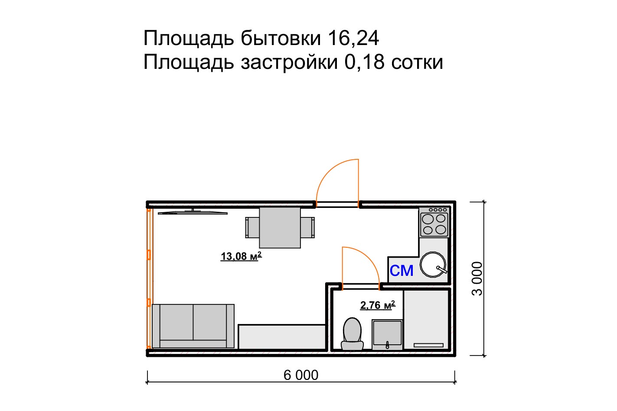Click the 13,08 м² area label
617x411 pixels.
[241, 256]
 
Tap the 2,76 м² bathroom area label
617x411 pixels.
[378, 305]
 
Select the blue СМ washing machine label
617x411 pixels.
[402, 271]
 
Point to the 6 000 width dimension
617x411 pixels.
[301, 375]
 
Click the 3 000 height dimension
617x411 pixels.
[477, 278]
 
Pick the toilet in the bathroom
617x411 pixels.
[352, 334]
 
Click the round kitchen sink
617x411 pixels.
[433, 264]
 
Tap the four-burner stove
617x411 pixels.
[434, 222]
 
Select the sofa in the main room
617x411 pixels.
[193, 326]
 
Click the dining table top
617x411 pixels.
[280, 227]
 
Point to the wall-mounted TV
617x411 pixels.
[193, 212]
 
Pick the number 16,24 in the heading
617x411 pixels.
[353, 38]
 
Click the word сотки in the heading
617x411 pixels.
[417, 62]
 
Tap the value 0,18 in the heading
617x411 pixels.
[364, 62]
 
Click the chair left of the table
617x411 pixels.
[252, 227]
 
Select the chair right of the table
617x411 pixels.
[308, 227]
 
